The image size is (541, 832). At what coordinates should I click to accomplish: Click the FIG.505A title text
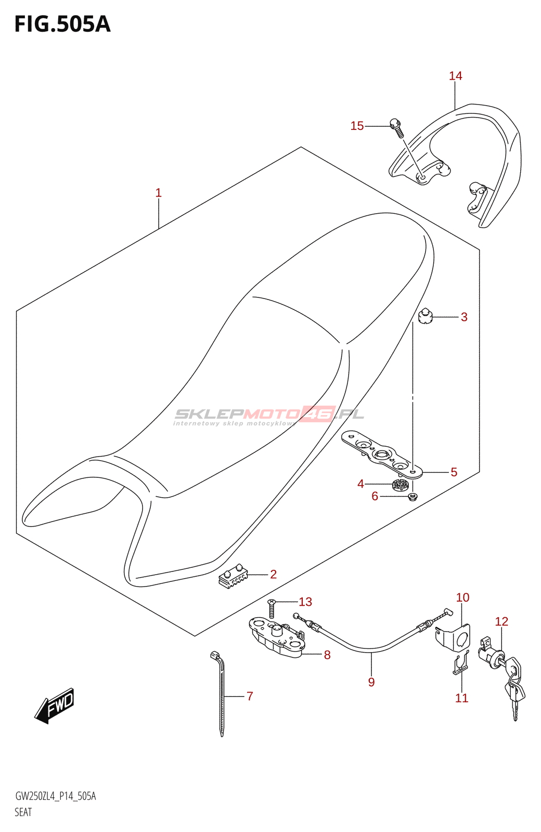62,24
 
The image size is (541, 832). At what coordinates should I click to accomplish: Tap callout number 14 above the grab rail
455,76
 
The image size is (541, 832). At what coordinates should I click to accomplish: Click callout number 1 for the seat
159,193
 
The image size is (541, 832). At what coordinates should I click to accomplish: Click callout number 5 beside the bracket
454,472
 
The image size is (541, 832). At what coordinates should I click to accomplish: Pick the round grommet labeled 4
400,486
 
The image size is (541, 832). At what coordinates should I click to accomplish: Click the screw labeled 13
272,607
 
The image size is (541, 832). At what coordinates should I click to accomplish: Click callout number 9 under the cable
371,682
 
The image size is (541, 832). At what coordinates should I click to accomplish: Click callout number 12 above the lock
501,621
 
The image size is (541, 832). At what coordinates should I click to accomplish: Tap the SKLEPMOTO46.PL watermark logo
268,415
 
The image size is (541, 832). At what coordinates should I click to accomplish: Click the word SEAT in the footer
23,812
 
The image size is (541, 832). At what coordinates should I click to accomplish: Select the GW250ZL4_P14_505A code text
56,796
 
